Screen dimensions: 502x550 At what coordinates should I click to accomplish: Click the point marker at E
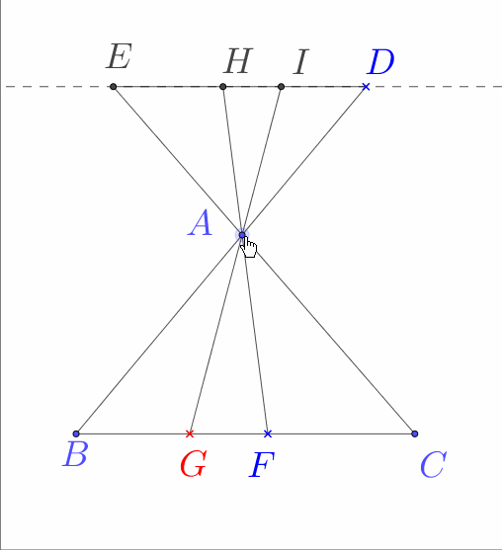point(113,86)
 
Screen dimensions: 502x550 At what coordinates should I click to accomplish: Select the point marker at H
point(223,86)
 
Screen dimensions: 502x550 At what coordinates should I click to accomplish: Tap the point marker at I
point(281,86)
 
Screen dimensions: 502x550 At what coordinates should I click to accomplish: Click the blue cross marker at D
point(366,86)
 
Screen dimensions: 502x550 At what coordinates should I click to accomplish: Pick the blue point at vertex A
point(242,235)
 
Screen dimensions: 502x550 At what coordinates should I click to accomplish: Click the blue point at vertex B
point(76,433)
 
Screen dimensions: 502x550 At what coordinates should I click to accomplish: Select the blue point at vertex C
point(415,433)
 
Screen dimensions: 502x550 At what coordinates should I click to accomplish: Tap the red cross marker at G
point(190,433)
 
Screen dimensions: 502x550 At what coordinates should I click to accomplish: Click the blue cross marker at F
point(268,433)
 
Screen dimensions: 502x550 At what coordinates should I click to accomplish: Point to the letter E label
point(119,56)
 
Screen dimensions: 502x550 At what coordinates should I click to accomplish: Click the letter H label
point(238,61)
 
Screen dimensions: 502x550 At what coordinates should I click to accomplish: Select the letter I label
point(300,62)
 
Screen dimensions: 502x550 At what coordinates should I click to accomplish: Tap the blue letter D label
point(380,62)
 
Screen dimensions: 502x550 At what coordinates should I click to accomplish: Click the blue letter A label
point(201,223)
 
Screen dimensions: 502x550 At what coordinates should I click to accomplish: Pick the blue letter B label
point(75,454)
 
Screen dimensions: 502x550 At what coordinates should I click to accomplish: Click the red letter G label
point(193,464)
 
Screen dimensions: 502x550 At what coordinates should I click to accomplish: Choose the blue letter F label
point(262,465)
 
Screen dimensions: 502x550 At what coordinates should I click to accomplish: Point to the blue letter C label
point(434,465)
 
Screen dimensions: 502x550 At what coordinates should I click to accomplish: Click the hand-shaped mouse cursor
point(248,246)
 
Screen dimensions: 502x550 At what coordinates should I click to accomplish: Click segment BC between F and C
point(341,433)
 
